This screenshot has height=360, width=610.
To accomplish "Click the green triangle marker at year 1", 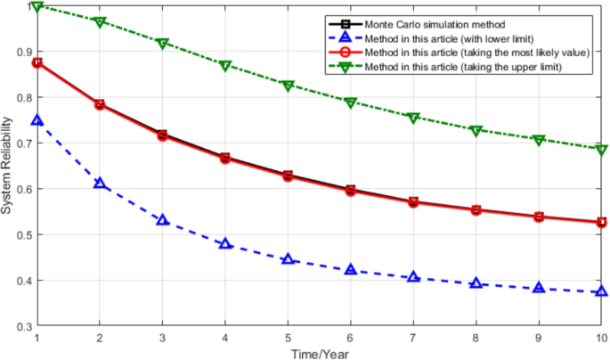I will (x=37, y=7).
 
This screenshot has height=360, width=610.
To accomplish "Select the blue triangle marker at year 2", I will (x=100, y=184).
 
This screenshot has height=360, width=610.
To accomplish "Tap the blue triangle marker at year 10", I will (x=602, y=291).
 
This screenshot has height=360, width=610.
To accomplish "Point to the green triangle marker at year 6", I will (x=351, y=102).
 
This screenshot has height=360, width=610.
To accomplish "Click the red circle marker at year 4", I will (x=225, y=159).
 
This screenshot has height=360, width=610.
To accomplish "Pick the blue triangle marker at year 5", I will (x=288, y=259).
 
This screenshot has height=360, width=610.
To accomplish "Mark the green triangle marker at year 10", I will (x=602, y=150).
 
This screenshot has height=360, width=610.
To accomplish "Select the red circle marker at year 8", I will (x=476, y=210).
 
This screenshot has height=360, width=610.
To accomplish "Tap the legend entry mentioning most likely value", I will (x=463, y=53).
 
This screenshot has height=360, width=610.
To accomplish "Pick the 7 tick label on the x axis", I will (x=413, y=339).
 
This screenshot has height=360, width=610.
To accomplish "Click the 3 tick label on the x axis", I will (x=162, y=339).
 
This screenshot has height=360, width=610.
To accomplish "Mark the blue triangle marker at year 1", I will (x=37, y=120).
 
